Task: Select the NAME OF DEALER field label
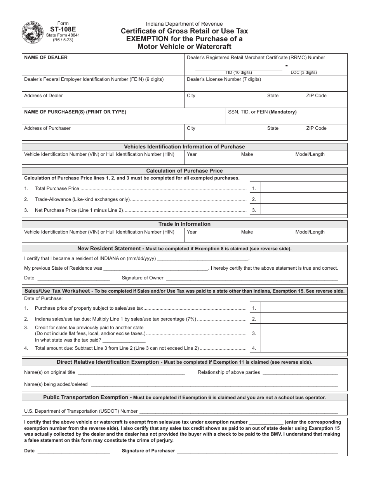(x=46, y=58)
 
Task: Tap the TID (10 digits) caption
(x=238, y=72)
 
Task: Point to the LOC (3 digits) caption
(x=304, y=72)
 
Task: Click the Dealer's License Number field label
(x=224, y=79)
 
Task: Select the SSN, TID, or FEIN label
(x=262, y=112)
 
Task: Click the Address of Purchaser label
(x=47, y=128)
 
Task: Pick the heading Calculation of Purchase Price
(x=184, y=171)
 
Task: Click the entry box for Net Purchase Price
(x=303, y=210)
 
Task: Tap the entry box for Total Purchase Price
(x=303, y=188)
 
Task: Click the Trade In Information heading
(x=184, y=224)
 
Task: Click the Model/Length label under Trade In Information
(x=310, y=232)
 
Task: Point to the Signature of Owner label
(x=143, y=278)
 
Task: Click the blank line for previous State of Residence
(x=156, y=268)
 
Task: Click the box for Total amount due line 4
(x=303, y=348)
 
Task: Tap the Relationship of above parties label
(x=229, y=372)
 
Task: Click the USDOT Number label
(x=81, y=411)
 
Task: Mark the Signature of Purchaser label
(x=148, y=451)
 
